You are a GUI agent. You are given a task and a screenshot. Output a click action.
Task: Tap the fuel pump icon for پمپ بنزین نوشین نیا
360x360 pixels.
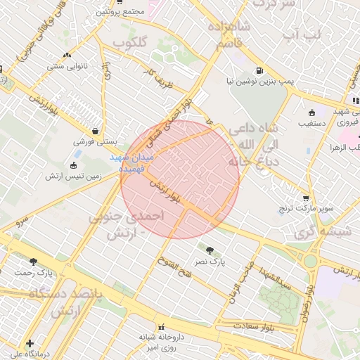(259, 71)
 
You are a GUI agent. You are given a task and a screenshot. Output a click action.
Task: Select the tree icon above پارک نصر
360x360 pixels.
(209, 249)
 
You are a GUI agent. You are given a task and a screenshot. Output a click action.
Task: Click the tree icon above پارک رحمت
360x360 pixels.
(33, 262)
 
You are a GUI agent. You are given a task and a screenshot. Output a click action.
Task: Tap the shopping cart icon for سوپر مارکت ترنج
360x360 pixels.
(306, 198)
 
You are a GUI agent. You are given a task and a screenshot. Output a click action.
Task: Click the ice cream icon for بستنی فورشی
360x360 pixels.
(95, 131)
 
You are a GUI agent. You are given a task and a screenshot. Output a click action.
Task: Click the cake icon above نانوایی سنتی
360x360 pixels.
(67, 56)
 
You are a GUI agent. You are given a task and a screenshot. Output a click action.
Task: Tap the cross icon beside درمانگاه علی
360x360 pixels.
(29, 344)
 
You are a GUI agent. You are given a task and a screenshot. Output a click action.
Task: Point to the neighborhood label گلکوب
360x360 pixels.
(131, 44)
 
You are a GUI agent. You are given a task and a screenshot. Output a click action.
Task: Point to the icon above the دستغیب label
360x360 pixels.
(313, 112)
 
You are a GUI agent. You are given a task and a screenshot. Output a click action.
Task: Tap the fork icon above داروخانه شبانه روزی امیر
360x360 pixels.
(163, 326)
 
